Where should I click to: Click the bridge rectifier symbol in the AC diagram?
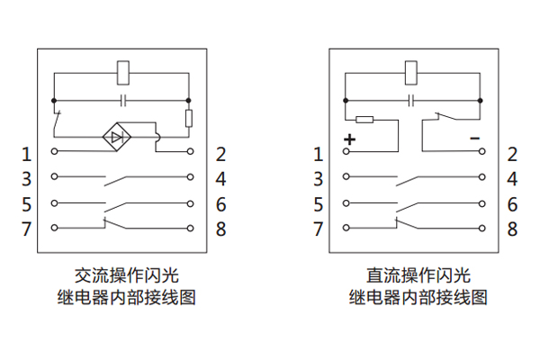pos(117,137)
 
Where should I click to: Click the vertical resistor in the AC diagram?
pos(189,118)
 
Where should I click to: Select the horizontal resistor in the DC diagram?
pos(364,119)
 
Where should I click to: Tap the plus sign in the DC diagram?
pos(349,139)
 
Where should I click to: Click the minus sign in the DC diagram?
pos(474,139)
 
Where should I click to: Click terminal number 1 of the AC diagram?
pos(27,154)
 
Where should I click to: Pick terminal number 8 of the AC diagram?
pos(220,229)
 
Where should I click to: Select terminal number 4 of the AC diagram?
pos(220,178)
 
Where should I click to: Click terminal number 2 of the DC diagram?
pos(512,154)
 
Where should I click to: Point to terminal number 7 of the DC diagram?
pos(318,229)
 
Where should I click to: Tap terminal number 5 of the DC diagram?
pos(318,203)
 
